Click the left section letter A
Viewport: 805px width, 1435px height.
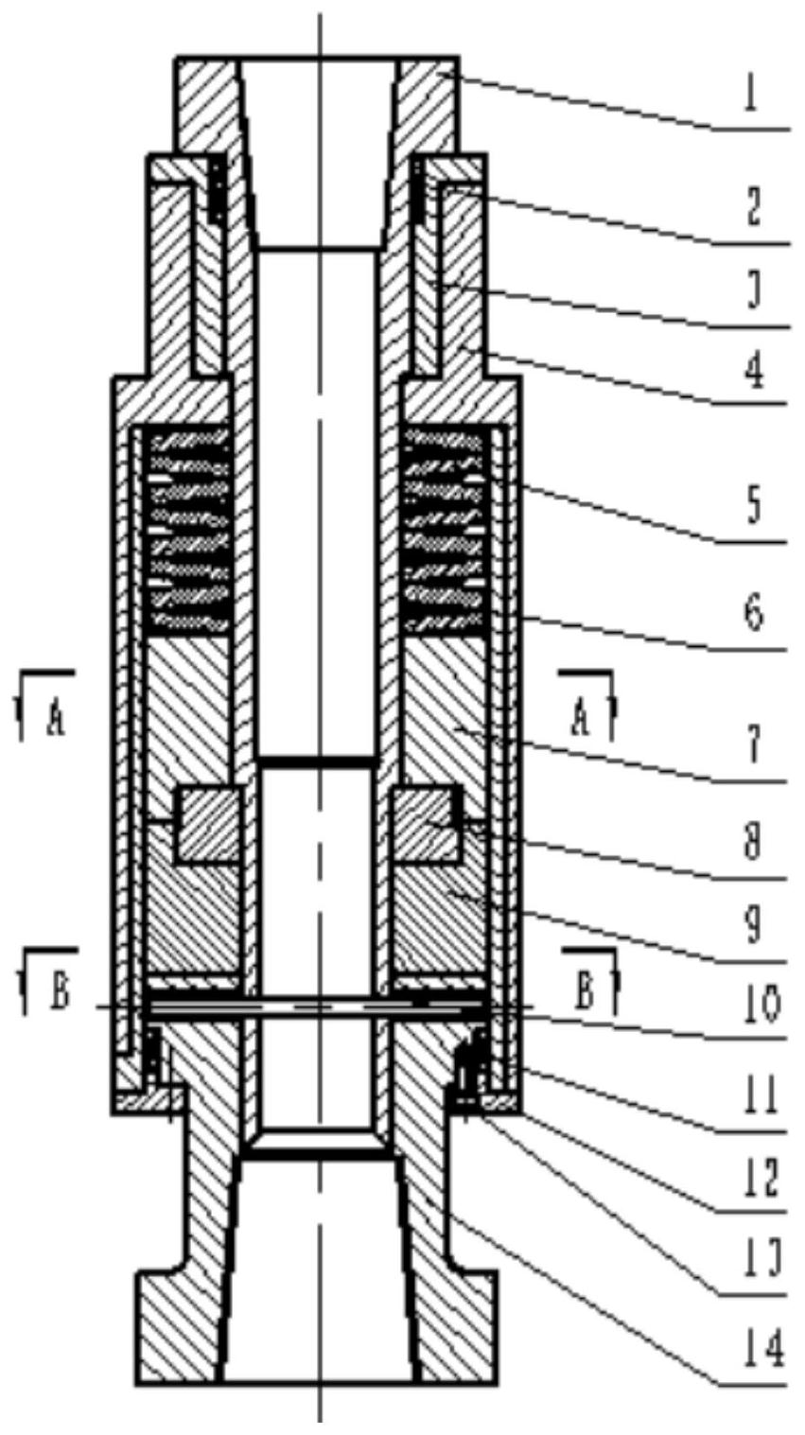[x=56, y=722]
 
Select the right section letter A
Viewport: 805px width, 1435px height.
[x=582, y=722]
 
